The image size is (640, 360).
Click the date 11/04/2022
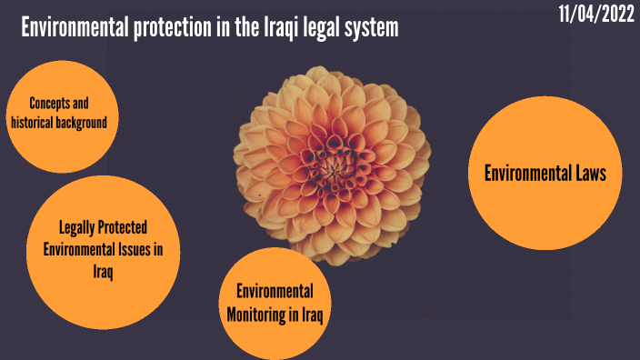pyautogui.click(x=595, y=16)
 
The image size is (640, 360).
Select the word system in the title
pyautogui.click(x=368, y=28)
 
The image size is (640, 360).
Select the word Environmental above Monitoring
pyautogui.click(x=275, y=292)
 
